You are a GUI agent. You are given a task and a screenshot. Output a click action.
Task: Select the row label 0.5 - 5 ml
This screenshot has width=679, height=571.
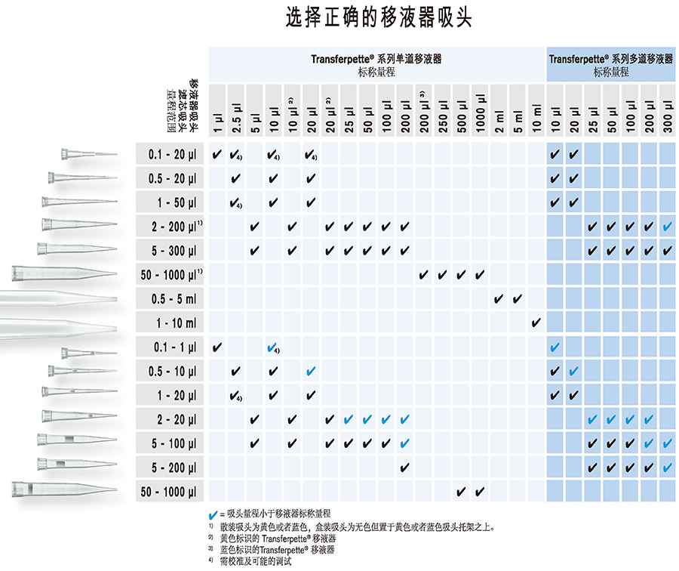tap(174, 300)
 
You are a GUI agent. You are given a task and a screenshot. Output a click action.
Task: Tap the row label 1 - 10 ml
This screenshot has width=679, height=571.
tap(174, 323)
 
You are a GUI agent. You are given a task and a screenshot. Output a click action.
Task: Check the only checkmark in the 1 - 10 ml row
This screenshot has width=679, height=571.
tap(536, 323)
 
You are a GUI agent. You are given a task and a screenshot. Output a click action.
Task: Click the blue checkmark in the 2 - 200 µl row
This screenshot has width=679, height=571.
tap(668, 227)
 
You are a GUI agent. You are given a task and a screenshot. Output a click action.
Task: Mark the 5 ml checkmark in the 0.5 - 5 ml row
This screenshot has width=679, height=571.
tap(518, 300)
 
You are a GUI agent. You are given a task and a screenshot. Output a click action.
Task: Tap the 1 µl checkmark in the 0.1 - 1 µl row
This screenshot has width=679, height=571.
tap(217, 347)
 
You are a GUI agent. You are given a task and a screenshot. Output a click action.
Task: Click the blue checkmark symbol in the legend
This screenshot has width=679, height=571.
tap(213, 514)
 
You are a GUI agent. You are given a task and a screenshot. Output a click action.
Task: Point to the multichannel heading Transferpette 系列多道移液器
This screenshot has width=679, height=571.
tap(611, 58)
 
